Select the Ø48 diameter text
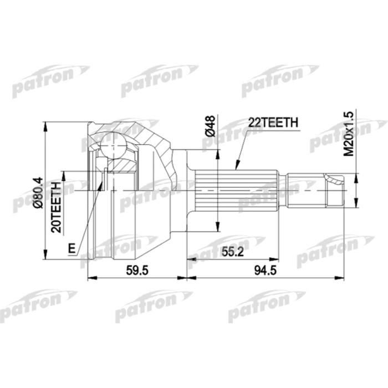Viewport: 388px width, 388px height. point(210,127)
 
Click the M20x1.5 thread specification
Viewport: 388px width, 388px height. point(348,133)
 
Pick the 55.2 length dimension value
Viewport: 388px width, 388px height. point(233,251)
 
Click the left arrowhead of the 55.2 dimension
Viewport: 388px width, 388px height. point(190,259)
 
